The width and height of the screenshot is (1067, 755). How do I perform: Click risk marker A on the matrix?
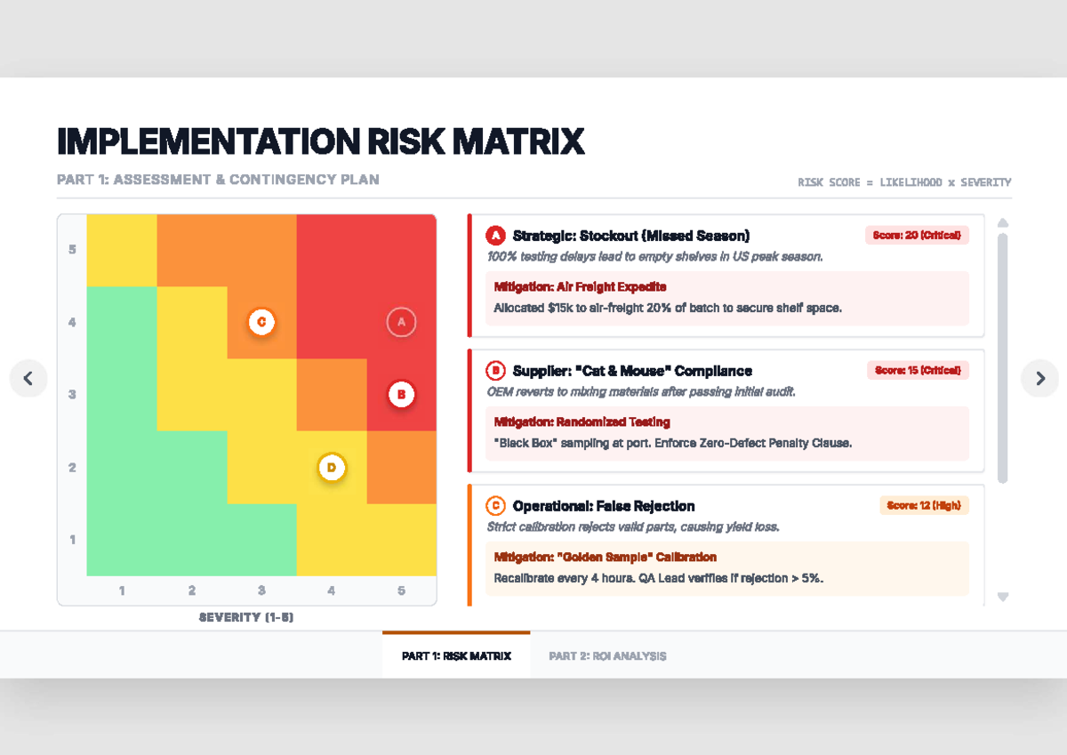pyautogui.click(x=401, y=322)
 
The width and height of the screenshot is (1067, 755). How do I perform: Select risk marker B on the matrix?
pyautogui.click(x=401, y=394)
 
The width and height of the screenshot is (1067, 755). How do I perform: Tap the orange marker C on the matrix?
pyautogui.click(x=261, y=322)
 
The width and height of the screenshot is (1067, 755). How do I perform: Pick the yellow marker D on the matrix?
pyautogui.click(x=332, y=467)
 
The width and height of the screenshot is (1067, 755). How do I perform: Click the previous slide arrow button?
pyautogui.click(x=28, y=379)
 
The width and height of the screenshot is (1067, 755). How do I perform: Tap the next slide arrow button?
pyautogui.click(x=1039, y=379)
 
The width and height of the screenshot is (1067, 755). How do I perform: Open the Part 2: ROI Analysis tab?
pyautogui.click(x=607, y=656)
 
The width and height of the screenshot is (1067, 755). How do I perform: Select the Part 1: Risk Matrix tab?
pyautogui.click(x=456, y=656)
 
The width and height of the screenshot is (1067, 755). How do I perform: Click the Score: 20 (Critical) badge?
pyautogui.click(x=917, y=236)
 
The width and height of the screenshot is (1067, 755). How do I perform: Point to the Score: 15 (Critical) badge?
pyautogui.click(x=918, y=371)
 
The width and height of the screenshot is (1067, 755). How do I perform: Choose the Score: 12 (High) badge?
pyautogui.click(x=924, y=506)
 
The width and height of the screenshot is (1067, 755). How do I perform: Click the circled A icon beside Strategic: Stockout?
pyautogui.click(x=495, y=236)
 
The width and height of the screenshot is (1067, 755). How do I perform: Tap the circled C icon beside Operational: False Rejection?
pyautogui.click(x=495, y=506)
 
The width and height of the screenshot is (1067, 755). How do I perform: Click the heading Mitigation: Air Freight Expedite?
pyautogui.click(x=580, y=287)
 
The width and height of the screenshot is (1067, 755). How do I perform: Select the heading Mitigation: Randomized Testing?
pyautogui.click(x=582, y=422)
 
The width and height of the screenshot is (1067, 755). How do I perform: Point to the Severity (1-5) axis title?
pyautogui.click(x=246, y=617)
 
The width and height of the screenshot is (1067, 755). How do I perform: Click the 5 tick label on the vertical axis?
pyautogui.click(x=72, y=250)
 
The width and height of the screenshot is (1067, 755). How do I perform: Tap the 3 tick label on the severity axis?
pyautogui.click(x=261, y=590)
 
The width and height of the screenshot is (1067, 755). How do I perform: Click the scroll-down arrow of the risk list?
pyautogui.click(x=1003, y=598)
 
